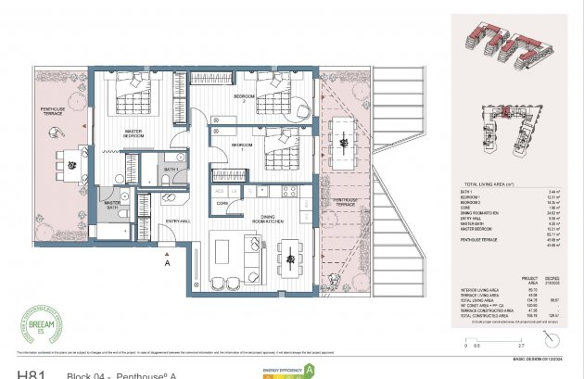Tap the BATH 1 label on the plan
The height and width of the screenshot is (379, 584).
(170, 171)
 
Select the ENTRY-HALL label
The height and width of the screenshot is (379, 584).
(177, 220)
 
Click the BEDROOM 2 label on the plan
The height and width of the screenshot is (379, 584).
(244, 95)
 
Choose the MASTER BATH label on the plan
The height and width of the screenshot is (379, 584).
(111, 205)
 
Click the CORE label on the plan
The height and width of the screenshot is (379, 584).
(222, 202)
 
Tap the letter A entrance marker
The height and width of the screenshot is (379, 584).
(167, 263)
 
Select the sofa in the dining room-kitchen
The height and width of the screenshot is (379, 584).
(252, 251)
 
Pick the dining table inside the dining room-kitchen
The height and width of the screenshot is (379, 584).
(290, 251)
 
